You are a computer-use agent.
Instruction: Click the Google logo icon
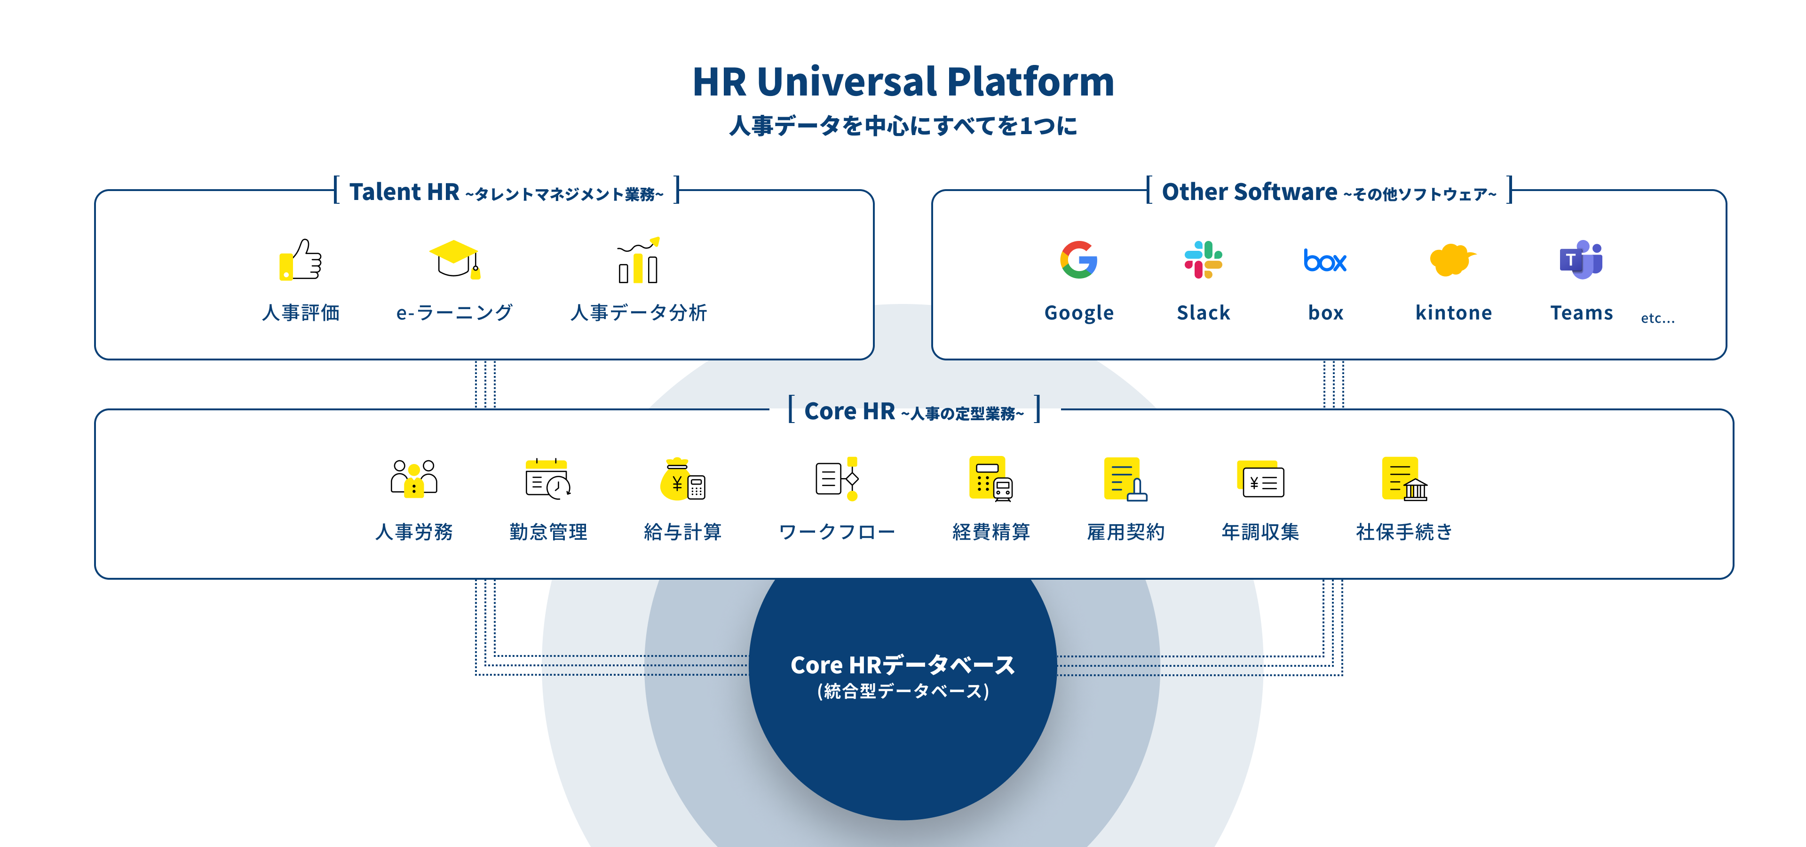(1078, 260)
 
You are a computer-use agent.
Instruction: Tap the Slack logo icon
(1203, 260)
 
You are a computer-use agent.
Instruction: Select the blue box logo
(1324, 261)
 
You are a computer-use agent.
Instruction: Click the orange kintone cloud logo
(1451, 260)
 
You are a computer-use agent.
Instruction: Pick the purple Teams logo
(1581, 260)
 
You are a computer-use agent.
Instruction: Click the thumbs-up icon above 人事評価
(301, 260)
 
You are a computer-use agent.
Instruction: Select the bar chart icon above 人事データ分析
(639, 260)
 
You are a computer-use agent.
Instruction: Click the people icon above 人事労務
(414, 479)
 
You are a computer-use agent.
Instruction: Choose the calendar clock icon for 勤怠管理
(547, 479)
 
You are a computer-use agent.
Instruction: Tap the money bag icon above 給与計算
(682, 479)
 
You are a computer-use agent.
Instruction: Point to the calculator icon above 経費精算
(990, 479)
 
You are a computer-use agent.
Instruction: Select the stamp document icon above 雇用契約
(1125, 479)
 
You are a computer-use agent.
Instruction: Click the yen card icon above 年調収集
(1260, 479)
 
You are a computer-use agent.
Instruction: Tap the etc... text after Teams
(1657, 318)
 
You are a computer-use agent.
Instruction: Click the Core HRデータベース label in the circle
(903, 665)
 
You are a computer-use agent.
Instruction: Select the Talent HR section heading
(404, 192)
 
